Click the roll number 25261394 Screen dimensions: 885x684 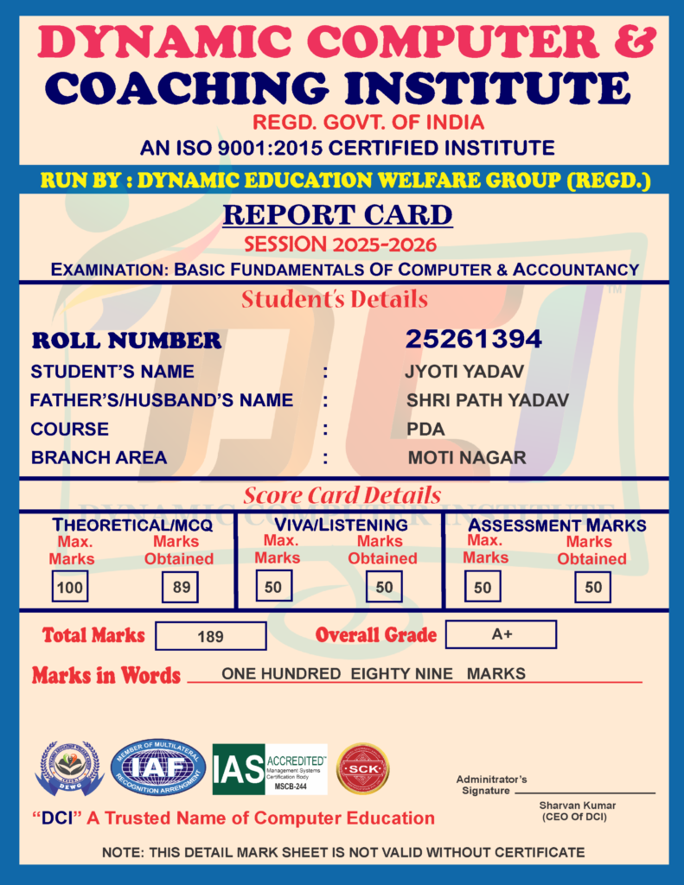tap(473, 340)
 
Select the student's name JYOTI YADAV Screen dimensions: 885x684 tap(464, 372)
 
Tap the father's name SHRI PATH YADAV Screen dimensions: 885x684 tap(488, 400)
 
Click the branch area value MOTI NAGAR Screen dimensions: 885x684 tap(467, 457)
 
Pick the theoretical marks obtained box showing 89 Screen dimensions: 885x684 tap(181, 588)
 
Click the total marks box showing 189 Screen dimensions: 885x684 tap(210, 636)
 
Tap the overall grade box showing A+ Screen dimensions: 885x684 tap(502, 634)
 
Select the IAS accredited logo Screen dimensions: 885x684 tap(270, 769)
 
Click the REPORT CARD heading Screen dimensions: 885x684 tap(338, 214)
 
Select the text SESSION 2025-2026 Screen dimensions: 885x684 tap(340, 245)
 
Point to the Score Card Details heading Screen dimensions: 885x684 tap(342, 495)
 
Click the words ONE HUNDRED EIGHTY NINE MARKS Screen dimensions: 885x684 tap(373, 674)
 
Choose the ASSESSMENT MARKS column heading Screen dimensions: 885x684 tap(557, 525)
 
